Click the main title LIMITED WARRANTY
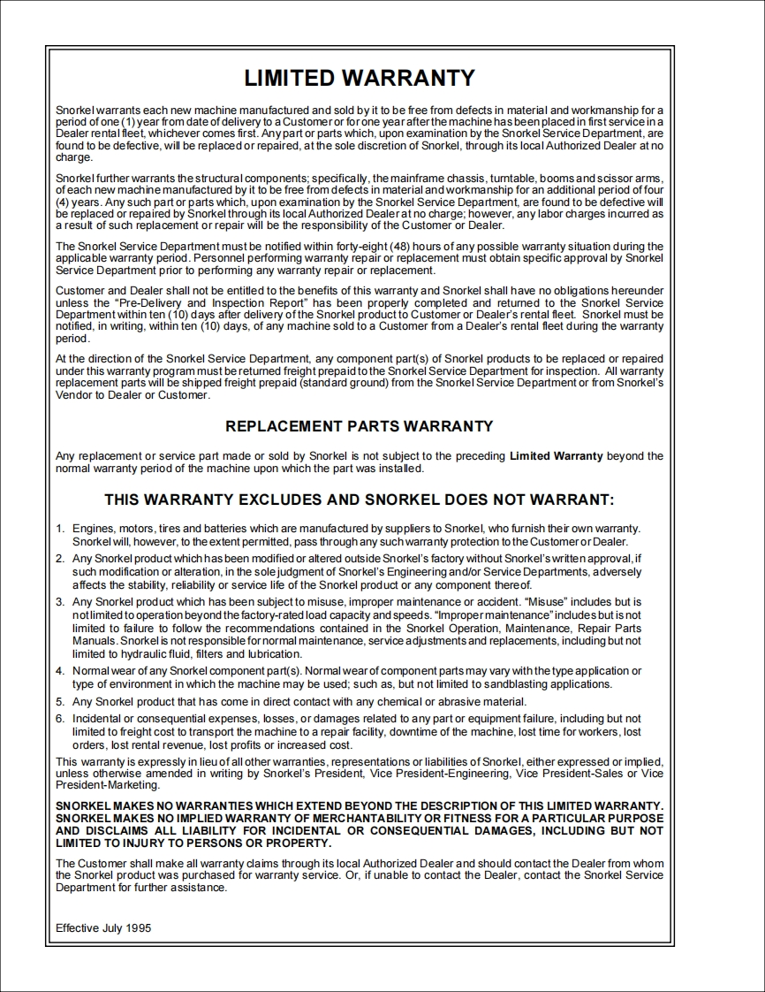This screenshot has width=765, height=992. point(360,78)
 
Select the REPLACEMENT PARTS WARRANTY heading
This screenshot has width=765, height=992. point(360,426)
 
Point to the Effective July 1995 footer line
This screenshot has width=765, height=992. point(103,928)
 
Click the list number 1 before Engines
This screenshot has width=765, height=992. point(59,529)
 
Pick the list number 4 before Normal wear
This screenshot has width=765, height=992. point(59,671)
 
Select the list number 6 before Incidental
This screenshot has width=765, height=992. point(59,719)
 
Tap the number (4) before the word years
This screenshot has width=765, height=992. point(62,202)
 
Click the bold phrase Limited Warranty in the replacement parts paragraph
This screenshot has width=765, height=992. point(557,456)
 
